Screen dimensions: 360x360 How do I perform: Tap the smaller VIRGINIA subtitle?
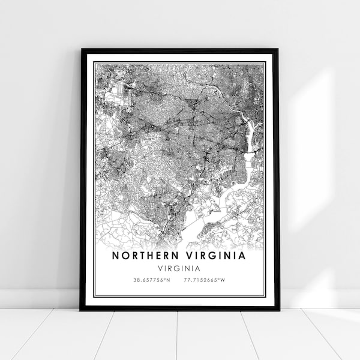tap(179, 268)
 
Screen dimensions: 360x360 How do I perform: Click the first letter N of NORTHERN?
tap(116, 256)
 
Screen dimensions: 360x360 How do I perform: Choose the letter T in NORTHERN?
tap(142, 256)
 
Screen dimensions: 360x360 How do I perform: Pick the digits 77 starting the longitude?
tap(188, 280)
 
